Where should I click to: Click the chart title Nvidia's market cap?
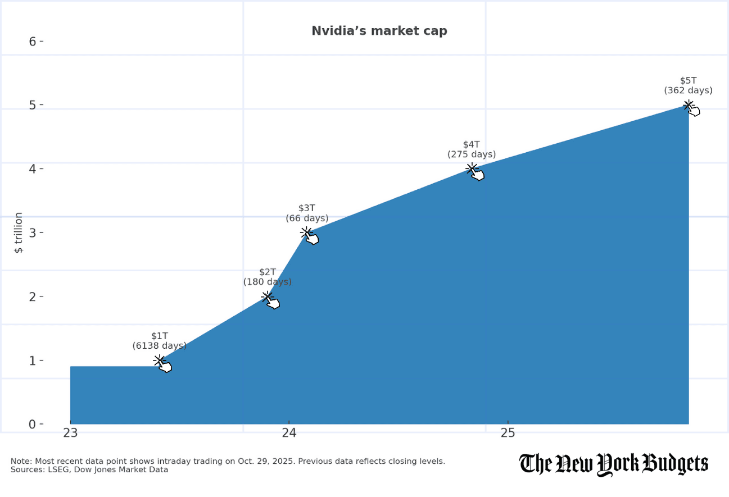coord(379,31)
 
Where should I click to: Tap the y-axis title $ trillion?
coord(19,232)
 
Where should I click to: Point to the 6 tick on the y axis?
coord(33,42)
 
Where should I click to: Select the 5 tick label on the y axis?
coord(33,105)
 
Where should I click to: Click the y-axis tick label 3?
coord(33,232)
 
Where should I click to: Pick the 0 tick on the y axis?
coord(33,424)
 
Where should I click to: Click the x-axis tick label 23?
coord(70,433)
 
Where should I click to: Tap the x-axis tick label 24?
coord(289,433)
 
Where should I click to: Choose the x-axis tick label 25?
coord(508,433)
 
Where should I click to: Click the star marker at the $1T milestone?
coord(159,361)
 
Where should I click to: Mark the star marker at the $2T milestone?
coord(267,297)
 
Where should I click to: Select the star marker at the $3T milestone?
coord(306,232)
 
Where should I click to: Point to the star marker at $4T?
coord(472,168)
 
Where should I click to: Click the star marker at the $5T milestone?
coord(688,105)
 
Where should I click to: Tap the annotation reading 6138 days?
coord(160,346)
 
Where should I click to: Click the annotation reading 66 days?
coord(307,218)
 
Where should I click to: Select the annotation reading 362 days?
coord(688,90)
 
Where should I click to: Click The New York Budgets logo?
coord(613,464)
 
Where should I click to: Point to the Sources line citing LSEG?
coord(89,469)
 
